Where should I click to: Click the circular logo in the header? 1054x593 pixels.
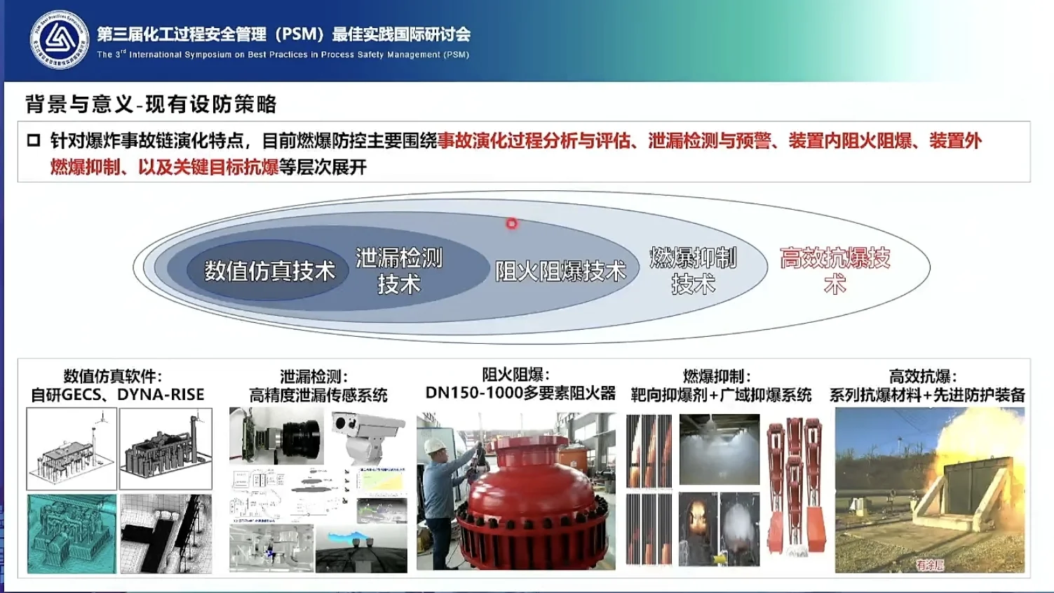click(59, 40)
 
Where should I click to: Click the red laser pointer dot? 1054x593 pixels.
click(512, 224)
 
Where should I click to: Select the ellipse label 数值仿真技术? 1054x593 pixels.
click(269, 272)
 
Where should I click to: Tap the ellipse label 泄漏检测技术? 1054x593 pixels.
click(398, 271)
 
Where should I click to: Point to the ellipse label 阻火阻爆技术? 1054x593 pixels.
click(560, 272)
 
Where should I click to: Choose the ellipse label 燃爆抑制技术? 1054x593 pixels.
click(693, 271)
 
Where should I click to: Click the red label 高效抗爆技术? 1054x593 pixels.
click(835, 271)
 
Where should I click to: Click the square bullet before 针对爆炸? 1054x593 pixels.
click(33, 140)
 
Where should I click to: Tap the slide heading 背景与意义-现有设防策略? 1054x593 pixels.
click(151, 105)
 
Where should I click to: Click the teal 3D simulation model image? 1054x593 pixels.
click(72, 533)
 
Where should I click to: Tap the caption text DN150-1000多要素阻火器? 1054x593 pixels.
click(520, 393)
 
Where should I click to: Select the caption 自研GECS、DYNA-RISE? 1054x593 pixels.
click(117, 395)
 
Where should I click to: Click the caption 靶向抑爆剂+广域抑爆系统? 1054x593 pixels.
click(720, 395)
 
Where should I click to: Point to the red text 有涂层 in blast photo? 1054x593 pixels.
click(930, 564)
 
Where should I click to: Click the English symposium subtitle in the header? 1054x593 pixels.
click(283, 55)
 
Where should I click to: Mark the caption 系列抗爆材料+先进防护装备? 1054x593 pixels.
click(927, 395)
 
